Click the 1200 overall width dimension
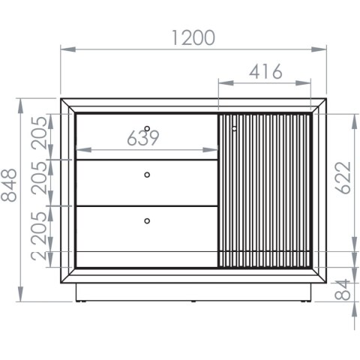(x=193, y=37)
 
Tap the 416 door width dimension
(x=265, y=72)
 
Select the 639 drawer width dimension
(x=143, y=138)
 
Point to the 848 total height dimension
(x=9, y=185)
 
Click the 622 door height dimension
(x=343, y=178)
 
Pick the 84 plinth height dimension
(x=342, y=289)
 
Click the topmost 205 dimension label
(x=39, y=133)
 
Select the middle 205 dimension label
(x=39, y=178)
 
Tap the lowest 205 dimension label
(x=39, y=228)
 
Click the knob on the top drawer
(x=147, y=129)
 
